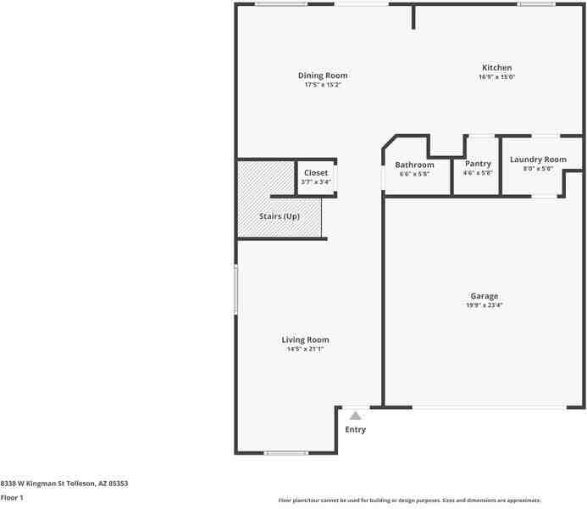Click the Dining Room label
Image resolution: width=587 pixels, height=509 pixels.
pos(322,76)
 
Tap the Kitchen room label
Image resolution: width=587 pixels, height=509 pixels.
pos(496,68)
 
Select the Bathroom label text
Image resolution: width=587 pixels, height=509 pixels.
pos(415,165)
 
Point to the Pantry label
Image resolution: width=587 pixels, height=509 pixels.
pos(478,164)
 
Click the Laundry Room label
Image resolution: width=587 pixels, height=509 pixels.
pos(538,159)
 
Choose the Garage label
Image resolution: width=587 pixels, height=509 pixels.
pos(485,296)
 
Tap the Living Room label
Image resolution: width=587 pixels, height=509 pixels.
pos(305,339)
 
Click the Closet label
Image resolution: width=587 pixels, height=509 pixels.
pos(316,173)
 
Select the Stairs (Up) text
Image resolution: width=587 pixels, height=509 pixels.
pos(280,216)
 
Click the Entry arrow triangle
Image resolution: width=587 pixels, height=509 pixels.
pos(356,416)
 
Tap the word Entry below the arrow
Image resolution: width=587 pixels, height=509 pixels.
pos(356,429)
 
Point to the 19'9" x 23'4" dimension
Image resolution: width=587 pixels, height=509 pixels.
pos(485,305)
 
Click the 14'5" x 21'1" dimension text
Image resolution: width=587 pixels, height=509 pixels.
pos(305,349)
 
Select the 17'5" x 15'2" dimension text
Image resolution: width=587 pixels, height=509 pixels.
pos(322,85)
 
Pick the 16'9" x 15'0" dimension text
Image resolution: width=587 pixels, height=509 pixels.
pos(496,77)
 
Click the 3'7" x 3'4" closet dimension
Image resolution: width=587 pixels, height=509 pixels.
pos(316,182)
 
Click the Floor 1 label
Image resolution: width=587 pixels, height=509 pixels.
pos(12,497)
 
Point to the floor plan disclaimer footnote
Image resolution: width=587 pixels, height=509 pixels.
pos(410,501)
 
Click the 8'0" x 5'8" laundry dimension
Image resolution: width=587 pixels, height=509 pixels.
pos(538,169)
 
